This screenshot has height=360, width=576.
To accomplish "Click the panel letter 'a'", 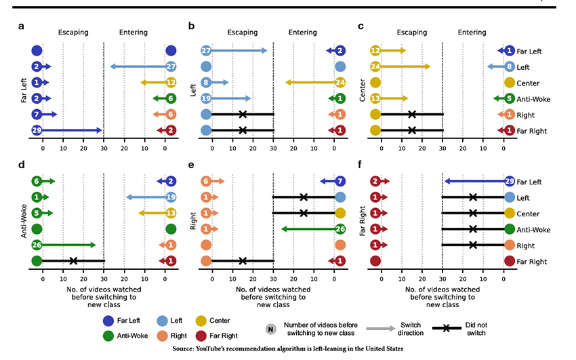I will [x=22, y=27].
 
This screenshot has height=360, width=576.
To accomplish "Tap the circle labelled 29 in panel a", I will [x=37, y=130].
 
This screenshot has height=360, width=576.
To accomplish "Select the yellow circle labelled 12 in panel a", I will [x=171, y=83].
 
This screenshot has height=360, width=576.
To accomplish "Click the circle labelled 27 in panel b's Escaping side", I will [x=206, y=51].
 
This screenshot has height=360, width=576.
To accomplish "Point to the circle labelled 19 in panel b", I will [x=206, y=99].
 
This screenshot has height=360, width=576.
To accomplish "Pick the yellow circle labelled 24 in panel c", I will [x=375, y=66].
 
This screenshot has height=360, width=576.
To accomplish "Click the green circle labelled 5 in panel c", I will [x=510, y=99].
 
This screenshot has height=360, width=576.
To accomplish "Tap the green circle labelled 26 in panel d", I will [x=37, y=245].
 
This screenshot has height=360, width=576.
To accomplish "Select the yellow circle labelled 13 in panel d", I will [x=171, y=214].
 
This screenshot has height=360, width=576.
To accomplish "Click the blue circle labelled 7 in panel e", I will [x=340, y=182].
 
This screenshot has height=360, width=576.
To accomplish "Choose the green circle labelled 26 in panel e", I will [x=340, y=229].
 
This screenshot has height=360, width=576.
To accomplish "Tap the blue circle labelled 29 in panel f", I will [x=510, y=182].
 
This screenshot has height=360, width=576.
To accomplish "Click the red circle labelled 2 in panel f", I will [x=375, y=182].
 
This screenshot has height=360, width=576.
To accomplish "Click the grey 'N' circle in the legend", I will [x=270, y=329].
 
